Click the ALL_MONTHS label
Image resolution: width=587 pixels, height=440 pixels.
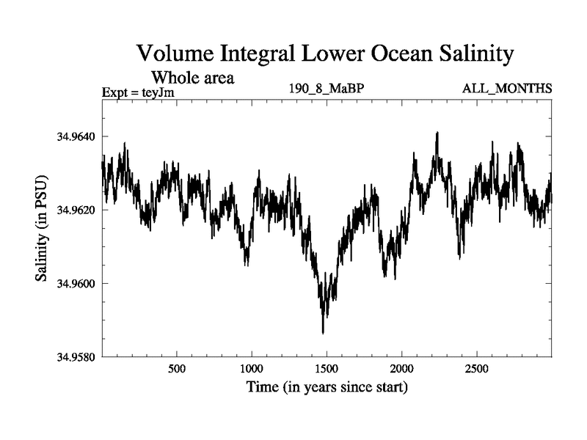click(506, 89)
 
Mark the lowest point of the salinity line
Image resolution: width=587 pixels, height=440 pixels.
click(323, 334)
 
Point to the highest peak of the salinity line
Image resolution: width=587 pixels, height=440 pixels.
click(437, 133)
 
